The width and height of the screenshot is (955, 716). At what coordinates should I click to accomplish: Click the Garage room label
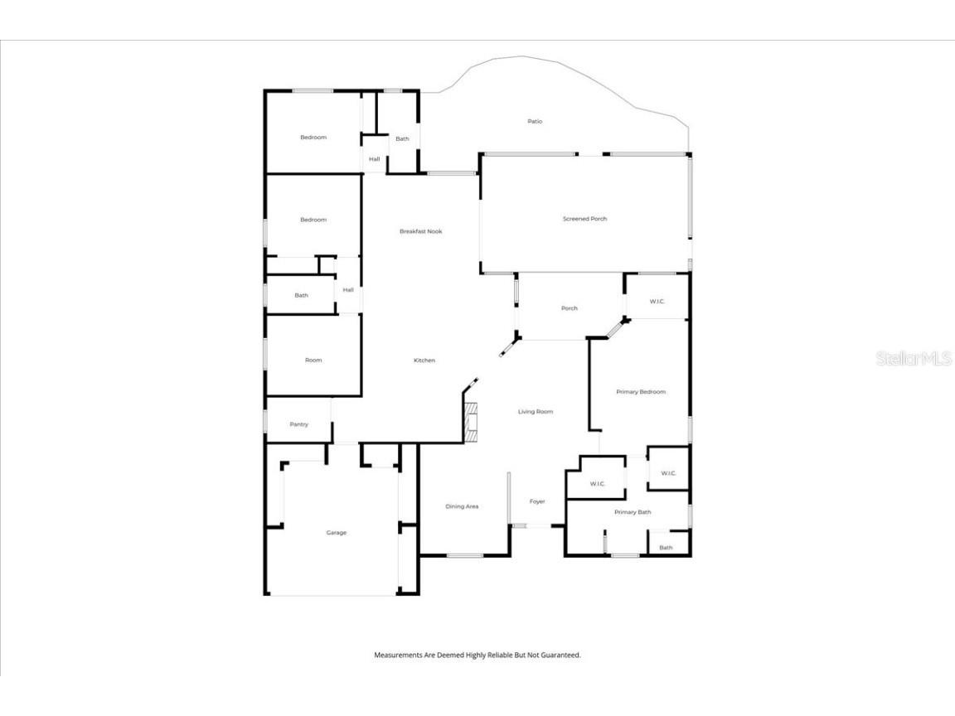point(337,533)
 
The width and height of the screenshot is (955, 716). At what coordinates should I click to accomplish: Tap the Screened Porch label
point(584,219)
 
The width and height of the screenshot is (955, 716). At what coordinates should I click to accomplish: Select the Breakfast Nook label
point(421,231)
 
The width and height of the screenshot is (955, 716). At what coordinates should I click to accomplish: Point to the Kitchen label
point(424,360)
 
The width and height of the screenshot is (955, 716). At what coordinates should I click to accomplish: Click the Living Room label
point(536,412)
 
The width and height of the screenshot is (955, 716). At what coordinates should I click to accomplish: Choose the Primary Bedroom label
point(641,392)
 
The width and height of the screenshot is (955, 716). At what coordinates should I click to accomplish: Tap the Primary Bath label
point(633,512)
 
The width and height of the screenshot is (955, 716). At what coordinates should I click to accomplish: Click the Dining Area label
point(462,506)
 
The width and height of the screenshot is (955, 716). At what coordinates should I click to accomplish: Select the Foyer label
point(537,501)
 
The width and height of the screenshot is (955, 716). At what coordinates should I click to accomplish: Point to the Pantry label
point(299,424)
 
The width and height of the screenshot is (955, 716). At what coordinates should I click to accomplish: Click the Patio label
point(535,122)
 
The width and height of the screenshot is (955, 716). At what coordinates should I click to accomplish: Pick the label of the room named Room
point(313,360)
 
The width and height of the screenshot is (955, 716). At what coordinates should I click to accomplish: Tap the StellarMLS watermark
point(914,358)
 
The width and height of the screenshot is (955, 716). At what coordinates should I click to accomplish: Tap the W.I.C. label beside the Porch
point(657,302)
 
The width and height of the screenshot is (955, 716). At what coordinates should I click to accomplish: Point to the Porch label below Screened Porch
point(570,308)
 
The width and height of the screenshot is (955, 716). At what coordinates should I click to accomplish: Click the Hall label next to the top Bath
point(375,159)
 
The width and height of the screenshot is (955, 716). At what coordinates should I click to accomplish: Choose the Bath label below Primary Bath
point(666,548)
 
